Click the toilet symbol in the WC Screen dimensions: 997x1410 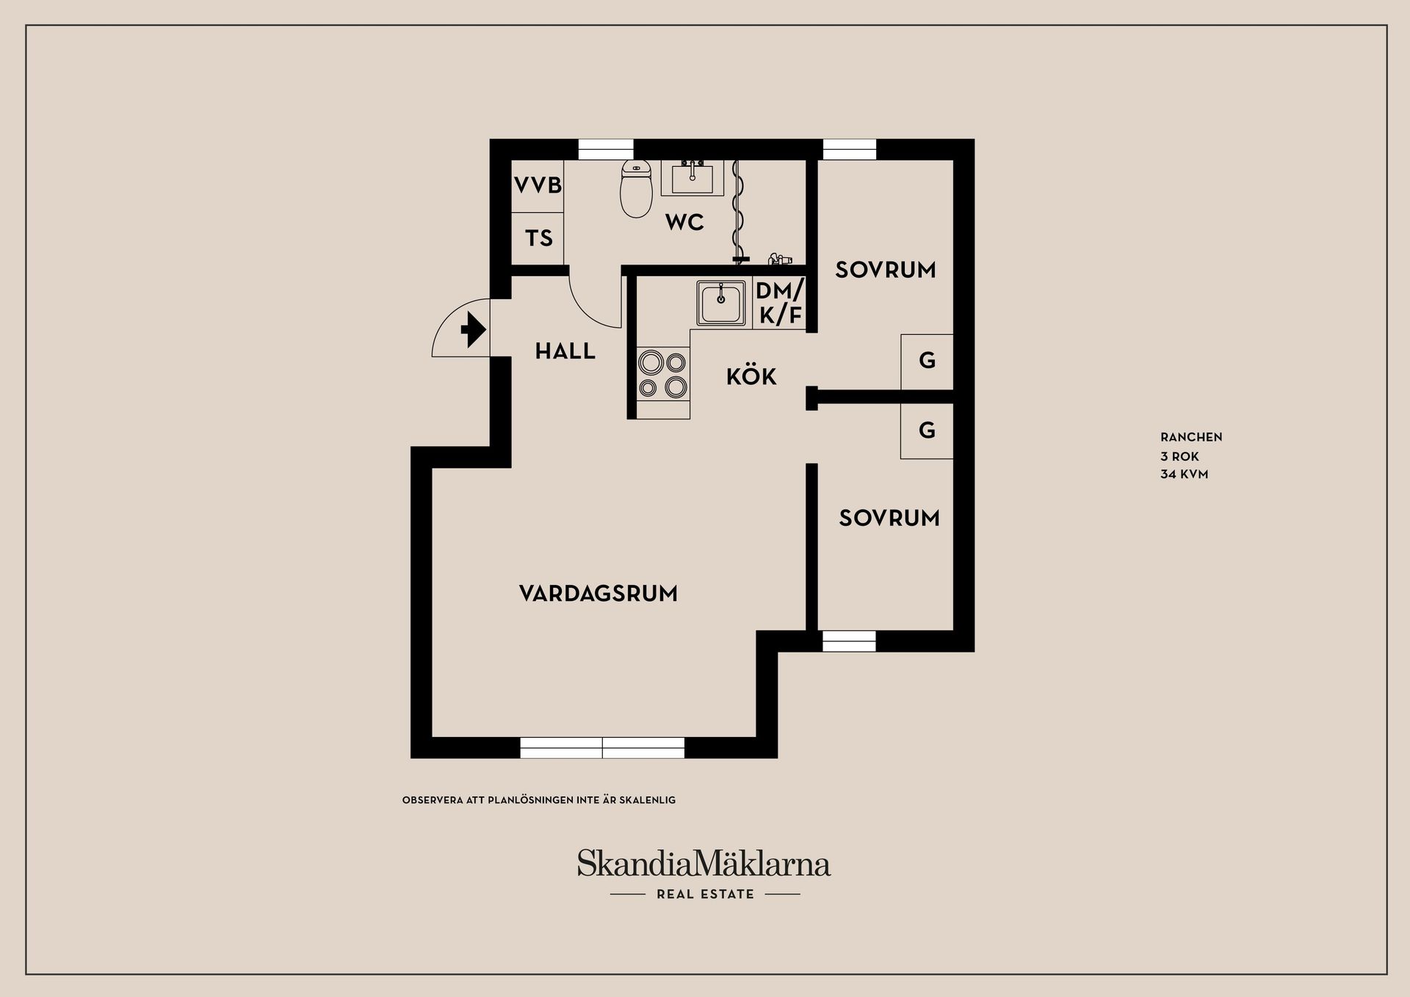click(x=636, y=189)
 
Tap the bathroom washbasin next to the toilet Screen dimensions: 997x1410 click(x=692, y=179)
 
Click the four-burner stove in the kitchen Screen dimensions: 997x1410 click(x=662, y=374)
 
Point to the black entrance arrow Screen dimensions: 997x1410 click(x=473, y=330)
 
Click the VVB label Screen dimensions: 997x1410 click(x=538, y=185)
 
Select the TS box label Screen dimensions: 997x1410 click(x=538, y=238)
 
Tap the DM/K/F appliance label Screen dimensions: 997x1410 click(x=780, y=303)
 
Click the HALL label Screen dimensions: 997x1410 click(x=565, y=352)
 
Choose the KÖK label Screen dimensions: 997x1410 click(x=751, y=377)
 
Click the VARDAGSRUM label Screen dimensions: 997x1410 click(x=598, y=594)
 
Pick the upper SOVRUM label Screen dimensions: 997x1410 click(x=886, y=270)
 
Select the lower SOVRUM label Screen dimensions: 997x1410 click(x=889, y=519)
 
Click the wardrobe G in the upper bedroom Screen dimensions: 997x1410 click(x=927, y=361)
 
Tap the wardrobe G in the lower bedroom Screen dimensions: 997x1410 click(x=927, y=431)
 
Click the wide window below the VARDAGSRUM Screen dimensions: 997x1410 click(x=602, y=748)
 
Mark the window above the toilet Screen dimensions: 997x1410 click(x=606, y=149)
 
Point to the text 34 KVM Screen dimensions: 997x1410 click(x=1184, y=475)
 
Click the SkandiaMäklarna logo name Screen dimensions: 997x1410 click(x=704, y=863)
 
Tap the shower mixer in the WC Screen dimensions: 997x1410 click(x=780, y=259)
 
